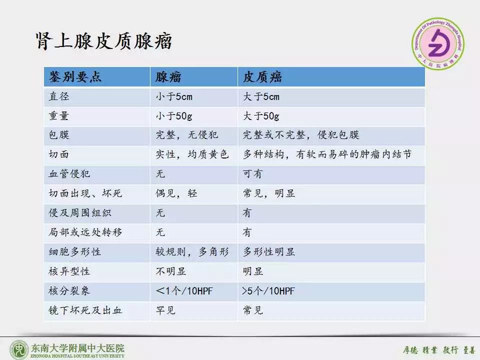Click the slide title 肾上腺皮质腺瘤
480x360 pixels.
pyautogui.click(x=104, y=41)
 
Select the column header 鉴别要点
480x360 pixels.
pyautogui.click(x=75, y=77)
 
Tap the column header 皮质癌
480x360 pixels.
pyautogui.click(x=262, y=77)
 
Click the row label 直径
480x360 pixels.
pyautogui.click(x=58, y=97)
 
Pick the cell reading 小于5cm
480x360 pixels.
pyautogui.click(x=174, y=97)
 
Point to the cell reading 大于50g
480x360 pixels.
pyautogui.click(x=261, y=116)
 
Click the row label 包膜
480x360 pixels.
pyautogui.click(x=58, y=135)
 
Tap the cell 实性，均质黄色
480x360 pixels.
pyautogui.click(x=192, y=155)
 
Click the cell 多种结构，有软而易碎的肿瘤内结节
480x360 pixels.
pyautogui.click(x=327, y=155)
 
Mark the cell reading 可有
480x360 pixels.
pyautogui.click(x=252, y=174)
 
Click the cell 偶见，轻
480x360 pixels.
pyautogui.click(x=176, y=193)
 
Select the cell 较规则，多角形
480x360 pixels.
pyautogui.click(x=192, y=252)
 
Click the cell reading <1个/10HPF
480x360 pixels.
pyautogui.click(x=184, y=291)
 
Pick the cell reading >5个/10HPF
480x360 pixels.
pyautogui.click(x=269, y=291)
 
